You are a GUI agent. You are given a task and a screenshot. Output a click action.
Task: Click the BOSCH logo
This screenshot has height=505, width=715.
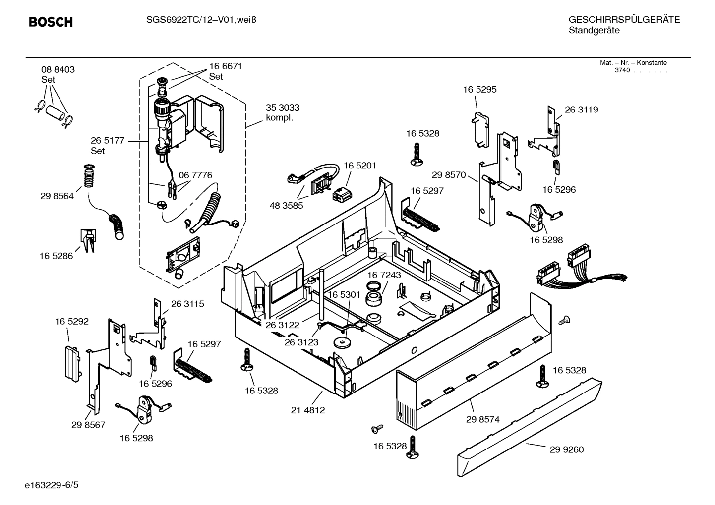[x=51, y=22]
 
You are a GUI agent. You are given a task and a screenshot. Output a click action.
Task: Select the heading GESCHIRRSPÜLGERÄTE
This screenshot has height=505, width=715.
[x=624, y=20]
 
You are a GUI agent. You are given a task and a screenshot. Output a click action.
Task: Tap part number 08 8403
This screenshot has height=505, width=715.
[x=58, y=70]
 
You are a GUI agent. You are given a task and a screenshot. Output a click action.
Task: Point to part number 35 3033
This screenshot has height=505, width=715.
[x=282, y=108]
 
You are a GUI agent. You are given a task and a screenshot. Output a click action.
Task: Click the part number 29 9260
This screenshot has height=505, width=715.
[x=566, y=450]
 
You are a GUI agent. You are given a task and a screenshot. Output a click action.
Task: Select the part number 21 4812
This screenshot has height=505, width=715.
[x=308, y=410]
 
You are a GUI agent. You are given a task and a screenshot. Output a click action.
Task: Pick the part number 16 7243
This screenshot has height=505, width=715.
[x=384, y=275]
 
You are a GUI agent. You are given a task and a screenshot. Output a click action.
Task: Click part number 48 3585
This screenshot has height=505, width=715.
[x=286, y=206]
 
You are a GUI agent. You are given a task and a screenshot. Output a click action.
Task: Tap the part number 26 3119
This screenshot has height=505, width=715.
[x=581, y=110]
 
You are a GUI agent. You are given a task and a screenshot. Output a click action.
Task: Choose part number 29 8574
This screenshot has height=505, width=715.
[x=482, y=419]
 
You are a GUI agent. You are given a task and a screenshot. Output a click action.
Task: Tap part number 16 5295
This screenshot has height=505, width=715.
[x=479, y=90]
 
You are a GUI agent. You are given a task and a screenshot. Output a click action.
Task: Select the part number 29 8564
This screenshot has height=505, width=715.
[x=57, y=196]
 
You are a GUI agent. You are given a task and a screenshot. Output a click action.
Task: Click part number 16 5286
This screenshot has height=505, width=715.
[x=56, y=256]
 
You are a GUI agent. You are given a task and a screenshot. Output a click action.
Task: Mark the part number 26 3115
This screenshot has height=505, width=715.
[x=187, y=304]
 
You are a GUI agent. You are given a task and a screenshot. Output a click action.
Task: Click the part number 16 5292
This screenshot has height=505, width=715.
[x=71, y=322]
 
